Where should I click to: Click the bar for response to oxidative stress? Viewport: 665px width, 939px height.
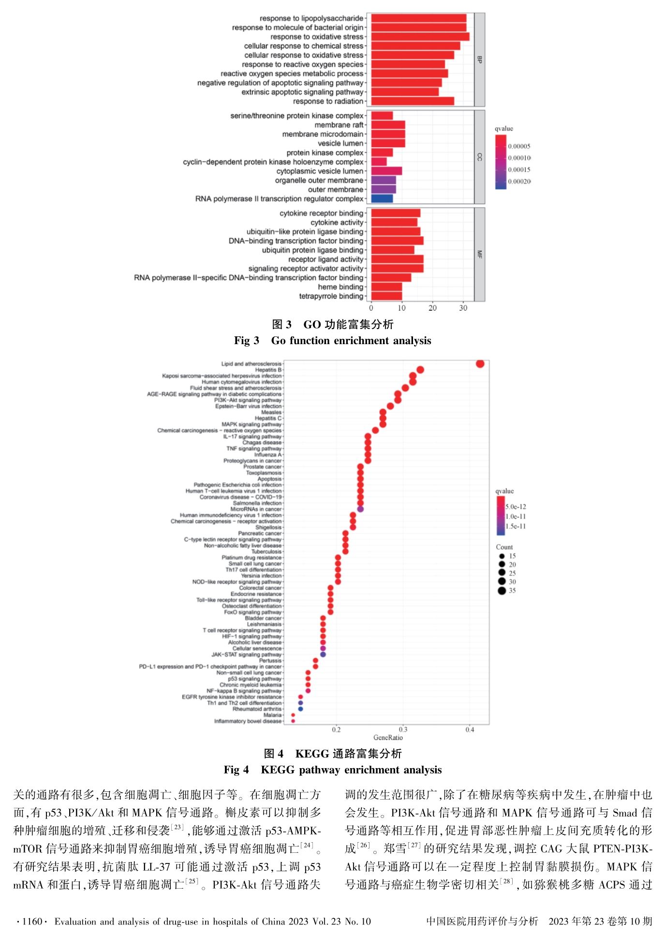(x=420, y=37)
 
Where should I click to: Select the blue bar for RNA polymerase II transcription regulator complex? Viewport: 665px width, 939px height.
(x=382, y=198)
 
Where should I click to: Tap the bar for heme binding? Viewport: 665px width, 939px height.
(x=386, y=287)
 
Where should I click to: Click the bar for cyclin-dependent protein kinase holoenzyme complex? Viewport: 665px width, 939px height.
(x=379, y=162)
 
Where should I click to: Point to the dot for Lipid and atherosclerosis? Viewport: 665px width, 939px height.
(x=480, y=364)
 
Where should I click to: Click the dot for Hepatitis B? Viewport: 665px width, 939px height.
(x=420, y=370)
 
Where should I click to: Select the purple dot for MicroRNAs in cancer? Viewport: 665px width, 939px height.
(x=360, y=509)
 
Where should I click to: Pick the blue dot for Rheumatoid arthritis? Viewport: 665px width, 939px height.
(x=300, y=709)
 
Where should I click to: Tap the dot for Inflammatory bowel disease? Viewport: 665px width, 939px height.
(x=293, y=721)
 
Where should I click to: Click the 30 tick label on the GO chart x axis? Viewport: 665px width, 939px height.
(x=463, y=308)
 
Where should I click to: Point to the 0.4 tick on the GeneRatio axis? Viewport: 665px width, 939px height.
(x=470, y=730)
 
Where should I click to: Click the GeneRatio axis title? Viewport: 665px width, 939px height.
(x=388, y=738)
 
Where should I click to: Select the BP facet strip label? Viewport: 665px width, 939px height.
(x=479, y=60)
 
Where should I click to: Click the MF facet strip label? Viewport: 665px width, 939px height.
(x=479, y=254)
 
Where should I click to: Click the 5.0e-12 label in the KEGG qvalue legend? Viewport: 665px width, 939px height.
(x=516, y=507)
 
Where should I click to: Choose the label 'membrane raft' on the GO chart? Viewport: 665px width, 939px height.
(x=339, y=125)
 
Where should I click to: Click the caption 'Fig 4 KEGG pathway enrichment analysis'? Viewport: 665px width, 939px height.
(x=333, y=770)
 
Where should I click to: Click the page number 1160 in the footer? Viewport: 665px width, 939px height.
(x=32, y=921)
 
